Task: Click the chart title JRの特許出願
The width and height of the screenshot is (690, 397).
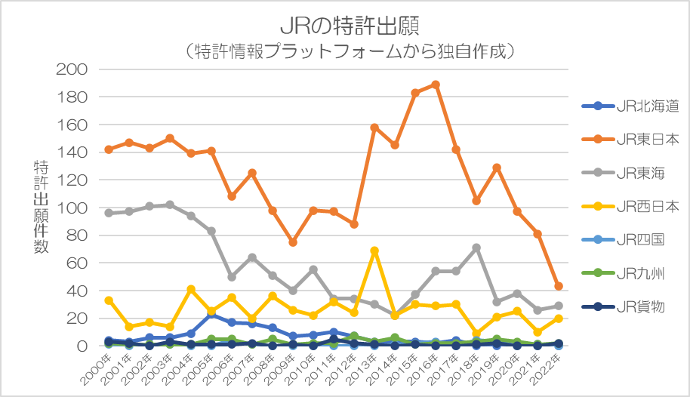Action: [350, 26]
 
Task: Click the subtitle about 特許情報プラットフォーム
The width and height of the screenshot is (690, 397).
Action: [350, 51]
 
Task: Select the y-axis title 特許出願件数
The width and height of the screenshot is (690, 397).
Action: [41, 207]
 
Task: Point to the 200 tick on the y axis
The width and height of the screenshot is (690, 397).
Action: [72, 69]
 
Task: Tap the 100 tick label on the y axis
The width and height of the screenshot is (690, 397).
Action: [72, 208]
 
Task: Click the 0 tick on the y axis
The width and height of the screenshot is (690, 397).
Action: [82, 346]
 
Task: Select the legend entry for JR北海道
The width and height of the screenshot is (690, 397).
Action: [630, 106]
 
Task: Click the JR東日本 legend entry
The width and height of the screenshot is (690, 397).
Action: [630, 140]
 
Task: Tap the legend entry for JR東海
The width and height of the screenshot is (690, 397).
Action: [623, 173]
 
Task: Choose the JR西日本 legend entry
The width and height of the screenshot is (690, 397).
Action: [630, 206]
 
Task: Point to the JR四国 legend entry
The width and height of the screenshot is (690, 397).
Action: [623, 240]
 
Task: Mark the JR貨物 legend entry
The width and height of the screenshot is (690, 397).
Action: [623, 306]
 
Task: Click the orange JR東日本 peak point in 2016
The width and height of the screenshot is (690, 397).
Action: [436, 85]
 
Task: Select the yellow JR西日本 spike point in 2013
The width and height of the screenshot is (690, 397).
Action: [374, 251]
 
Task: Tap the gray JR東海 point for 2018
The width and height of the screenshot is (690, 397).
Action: [476, 248]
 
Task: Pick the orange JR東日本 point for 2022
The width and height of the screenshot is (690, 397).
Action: [559, 286]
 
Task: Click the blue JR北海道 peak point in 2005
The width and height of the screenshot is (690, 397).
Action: [211, 314]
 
